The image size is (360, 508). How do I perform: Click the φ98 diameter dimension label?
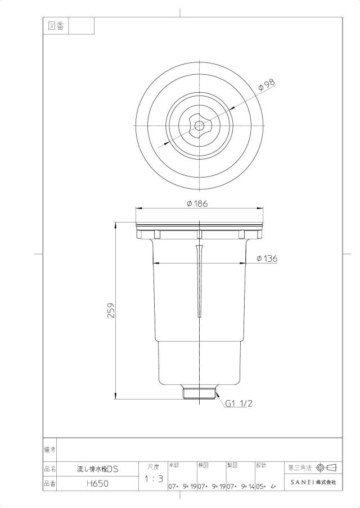266,84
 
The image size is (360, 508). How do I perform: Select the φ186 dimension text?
197,203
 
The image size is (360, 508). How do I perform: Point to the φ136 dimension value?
267,258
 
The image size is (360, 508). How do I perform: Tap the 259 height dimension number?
111,311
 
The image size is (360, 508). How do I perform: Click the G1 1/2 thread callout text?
239,403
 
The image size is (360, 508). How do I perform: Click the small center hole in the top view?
199,125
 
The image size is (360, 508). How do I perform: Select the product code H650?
98,484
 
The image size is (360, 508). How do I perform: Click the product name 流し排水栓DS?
98,469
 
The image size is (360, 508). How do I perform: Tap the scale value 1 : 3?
154,479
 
